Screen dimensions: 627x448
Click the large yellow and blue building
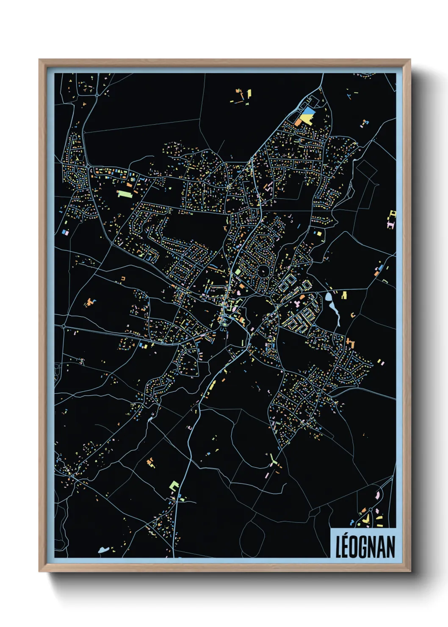pyautogui.click(x=307, y=116)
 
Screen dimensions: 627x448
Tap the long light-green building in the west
pyautogui.click(x=124, y=194)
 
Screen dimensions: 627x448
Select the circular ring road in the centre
pyautogui.click(x=263, y=270)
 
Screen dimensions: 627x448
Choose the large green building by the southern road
pyautogui.click(x=174, y=485)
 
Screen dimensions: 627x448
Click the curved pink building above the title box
pyautogui.click(x=377, y=494)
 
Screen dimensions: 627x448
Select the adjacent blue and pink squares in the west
pyautogui.click(x=65, y=232)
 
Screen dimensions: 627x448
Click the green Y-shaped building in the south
pyautogui.click(x=273, y=460)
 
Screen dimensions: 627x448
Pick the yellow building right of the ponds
pyautogui.click(x=344, y=295)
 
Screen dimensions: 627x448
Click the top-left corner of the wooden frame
pyautogui.click(x=39, y=60)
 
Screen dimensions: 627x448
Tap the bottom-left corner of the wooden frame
pyautogui.click(x=39, y=571)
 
